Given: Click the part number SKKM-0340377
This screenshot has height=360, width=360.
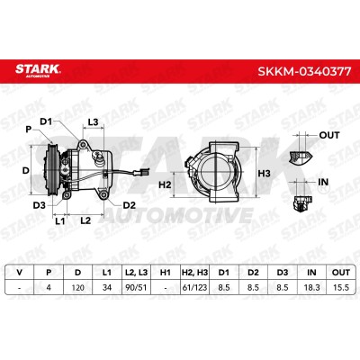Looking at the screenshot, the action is (x=304, y=71).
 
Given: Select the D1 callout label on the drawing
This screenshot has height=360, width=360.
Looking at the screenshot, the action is (x=46, y=121).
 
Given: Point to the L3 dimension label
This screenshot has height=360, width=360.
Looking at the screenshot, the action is (x=93, y=122).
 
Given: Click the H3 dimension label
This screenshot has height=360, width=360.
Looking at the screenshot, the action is (x=265, y=174).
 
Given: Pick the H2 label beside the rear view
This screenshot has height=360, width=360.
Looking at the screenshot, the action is (x=165, y=184).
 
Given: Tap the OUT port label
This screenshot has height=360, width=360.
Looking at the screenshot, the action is (x=329, y=135).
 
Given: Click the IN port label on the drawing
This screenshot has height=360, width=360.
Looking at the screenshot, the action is (x=323, y=182).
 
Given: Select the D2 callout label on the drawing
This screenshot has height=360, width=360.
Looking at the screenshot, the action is (x=130, y=205).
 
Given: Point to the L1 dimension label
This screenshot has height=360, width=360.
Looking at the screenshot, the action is (x=60, y=221).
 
